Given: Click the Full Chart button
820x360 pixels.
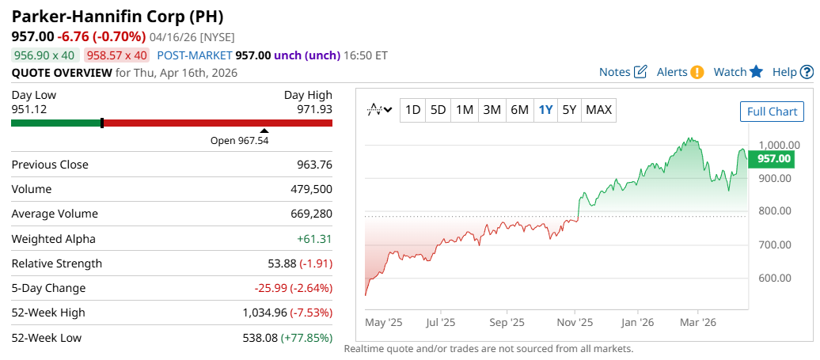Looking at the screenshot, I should coord(772,112).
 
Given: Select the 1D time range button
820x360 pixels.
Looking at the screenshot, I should coord(412,110).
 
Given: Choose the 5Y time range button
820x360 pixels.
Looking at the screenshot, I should coord(569,110).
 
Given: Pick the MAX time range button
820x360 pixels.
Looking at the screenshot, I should coord(598,110).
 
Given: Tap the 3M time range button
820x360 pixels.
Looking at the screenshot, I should coord(492,110).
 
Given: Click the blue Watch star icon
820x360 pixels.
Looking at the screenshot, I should coord(756,72).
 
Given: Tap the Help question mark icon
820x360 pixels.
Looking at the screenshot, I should coord(807,72).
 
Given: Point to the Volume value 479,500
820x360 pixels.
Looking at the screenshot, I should coord(312,189).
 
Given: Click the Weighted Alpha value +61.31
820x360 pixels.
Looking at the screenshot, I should coord(314,239).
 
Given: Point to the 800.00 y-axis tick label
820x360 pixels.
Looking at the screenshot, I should coord(775,211).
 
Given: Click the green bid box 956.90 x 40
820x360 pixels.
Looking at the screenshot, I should coord(44,55).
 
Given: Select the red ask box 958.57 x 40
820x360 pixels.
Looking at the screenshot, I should coord(117,55).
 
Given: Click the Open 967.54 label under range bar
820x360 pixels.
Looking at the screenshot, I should coord(240,140).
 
